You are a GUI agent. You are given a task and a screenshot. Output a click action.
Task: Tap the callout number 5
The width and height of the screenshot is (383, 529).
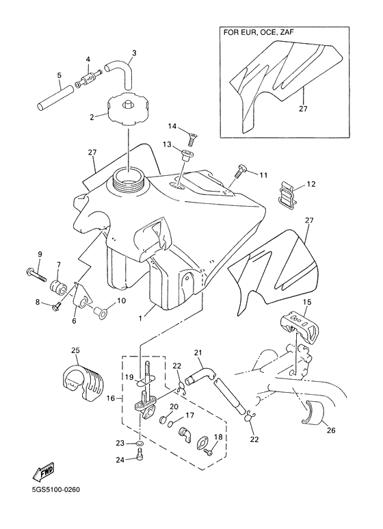(60, 75)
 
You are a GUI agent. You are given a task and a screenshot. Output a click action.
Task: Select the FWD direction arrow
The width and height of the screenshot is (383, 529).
(43, 472)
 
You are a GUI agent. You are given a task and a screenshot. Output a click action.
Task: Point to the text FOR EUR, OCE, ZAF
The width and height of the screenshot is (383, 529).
(259, 33)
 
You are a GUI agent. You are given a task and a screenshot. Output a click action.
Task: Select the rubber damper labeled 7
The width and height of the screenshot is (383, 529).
(58, 286)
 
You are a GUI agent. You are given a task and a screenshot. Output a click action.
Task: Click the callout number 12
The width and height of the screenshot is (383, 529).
(311, 184)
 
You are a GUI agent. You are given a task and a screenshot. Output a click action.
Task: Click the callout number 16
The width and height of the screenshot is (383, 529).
(111, 399)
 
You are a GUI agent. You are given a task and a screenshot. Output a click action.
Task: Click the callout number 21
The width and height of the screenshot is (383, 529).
(198, 353)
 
